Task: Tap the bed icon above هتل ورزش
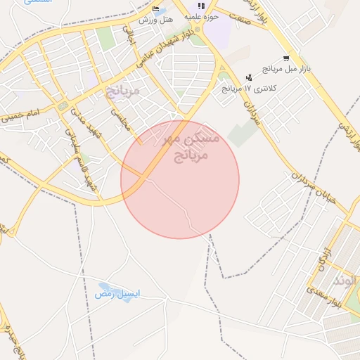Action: tap(155, 8)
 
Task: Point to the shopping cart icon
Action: tap(285, 58)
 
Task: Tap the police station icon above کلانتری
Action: tap(248, 77)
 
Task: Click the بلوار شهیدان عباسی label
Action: tap(167, 49)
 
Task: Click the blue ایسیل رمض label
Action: tap(118, 293)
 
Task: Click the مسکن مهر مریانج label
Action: tap(191, 146)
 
